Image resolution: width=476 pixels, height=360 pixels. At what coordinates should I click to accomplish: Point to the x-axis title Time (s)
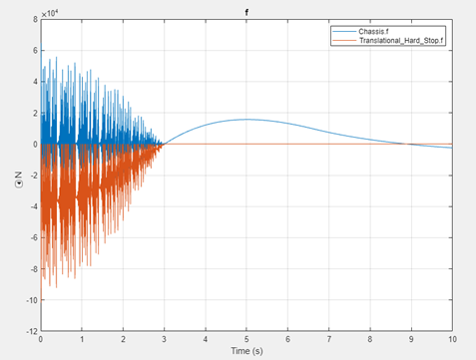coord(246,351)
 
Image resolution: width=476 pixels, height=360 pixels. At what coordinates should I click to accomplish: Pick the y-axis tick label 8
coord(34,21)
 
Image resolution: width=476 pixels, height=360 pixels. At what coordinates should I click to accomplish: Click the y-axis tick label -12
coord(30,330)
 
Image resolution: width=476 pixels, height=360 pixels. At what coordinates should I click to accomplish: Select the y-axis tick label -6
coord(32,237)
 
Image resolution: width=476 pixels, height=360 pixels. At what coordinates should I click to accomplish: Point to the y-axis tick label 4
coord(34,83)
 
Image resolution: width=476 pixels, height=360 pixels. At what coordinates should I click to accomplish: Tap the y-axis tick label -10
coord(30,299)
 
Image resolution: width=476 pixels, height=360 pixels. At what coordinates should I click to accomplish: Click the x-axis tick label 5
coord(246,339)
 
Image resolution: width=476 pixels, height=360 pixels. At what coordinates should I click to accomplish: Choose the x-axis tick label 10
coord(452,339)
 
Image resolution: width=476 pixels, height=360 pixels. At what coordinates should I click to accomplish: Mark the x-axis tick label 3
coord(164,339)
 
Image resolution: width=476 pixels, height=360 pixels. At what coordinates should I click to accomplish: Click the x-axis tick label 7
coord(328,339)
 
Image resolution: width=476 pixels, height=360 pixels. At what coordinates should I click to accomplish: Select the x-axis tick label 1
coord(82,339)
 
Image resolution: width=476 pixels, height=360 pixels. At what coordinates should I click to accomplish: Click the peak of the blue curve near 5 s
coord(246,120)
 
